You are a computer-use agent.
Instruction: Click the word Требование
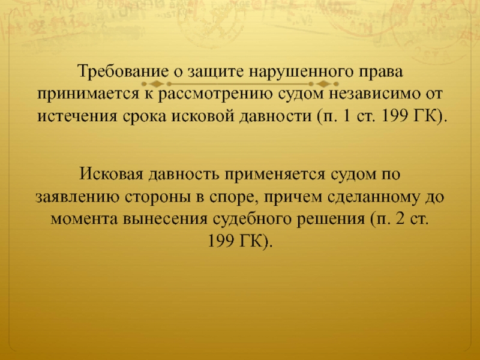point(124,71)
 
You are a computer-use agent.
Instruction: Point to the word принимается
point(86,94)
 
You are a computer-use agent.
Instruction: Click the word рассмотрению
point(215,94)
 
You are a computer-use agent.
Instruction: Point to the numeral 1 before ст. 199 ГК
point(346,116)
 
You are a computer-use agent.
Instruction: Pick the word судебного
point(252,219)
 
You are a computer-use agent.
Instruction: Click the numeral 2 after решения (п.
point(400,219)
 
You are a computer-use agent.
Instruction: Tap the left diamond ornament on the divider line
point(156,84)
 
